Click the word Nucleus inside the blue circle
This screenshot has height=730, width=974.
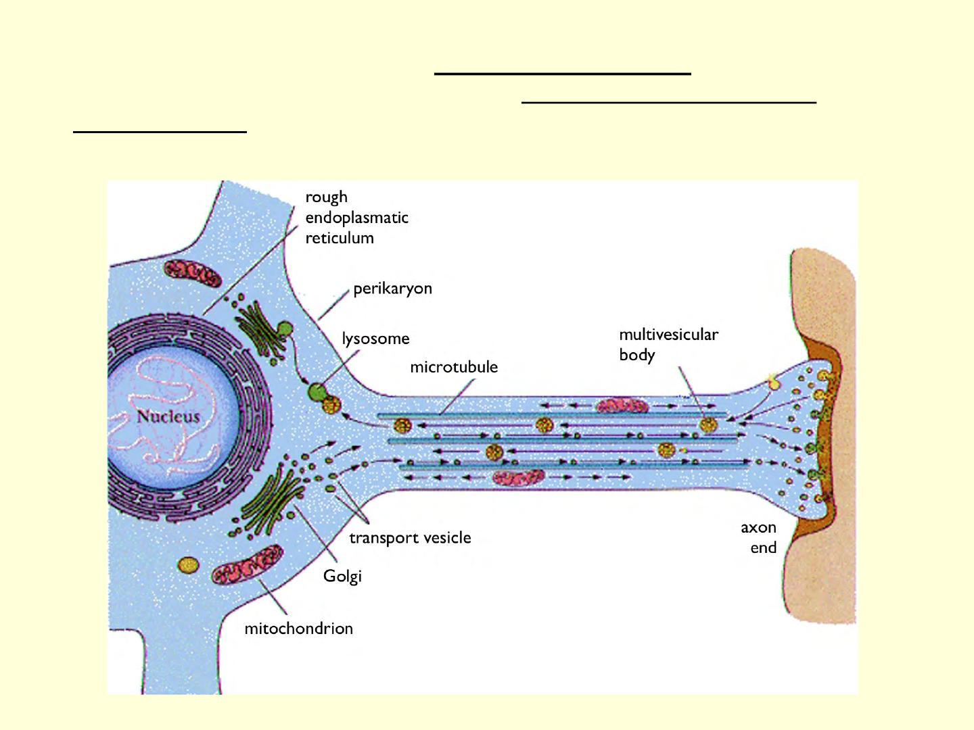tap(168, 416)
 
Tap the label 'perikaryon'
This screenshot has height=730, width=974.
tap(392, 289)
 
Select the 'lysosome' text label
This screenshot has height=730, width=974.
tap(375, 339)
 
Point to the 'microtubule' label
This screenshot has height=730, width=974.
tap(454, 367)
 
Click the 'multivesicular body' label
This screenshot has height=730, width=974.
tap(668, 344)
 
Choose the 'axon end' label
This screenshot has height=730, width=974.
tap(759, 537)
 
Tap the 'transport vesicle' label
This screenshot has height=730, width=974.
tap(410, 538)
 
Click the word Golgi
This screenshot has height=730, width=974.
tap(342, 576)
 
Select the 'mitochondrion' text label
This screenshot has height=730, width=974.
tap(298, 629)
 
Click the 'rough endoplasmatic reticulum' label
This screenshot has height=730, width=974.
tap(356, 218)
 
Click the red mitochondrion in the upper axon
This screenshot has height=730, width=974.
tap(622, 406)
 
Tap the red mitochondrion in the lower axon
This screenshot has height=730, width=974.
tap(518, 478)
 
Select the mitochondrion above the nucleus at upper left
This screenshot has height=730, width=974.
tap(193, 274)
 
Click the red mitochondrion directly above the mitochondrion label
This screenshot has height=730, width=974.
tap(247, 565)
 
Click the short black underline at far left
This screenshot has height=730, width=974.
tap(160, 131)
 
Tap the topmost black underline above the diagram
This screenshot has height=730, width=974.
tap(562, 72)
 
